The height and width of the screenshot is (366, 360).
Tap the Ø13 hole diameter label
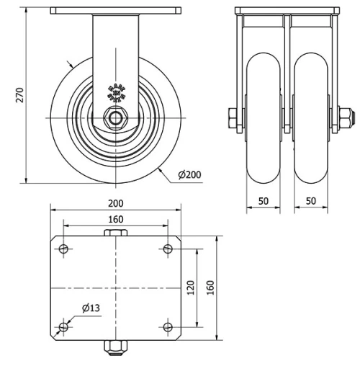tap(91, 308)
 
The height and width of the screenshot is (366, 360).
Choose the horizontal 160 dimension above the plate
tap(115, 219)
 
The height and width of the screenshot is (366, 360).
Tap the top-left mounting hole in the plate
tap(63, 249)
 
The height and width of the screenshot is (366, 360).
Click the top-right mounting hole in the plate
tap(168, 249)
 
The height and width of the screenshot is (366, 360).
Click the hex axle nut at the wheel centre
tap(115, 117)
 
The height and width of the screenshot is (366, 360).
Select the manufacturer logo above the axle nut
tap(115, 91)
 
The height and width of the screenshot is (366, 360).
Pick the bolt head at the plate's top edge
tap(115, 233)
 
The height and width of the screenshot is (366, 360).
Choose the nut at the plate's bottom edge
tap(115, 349)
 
